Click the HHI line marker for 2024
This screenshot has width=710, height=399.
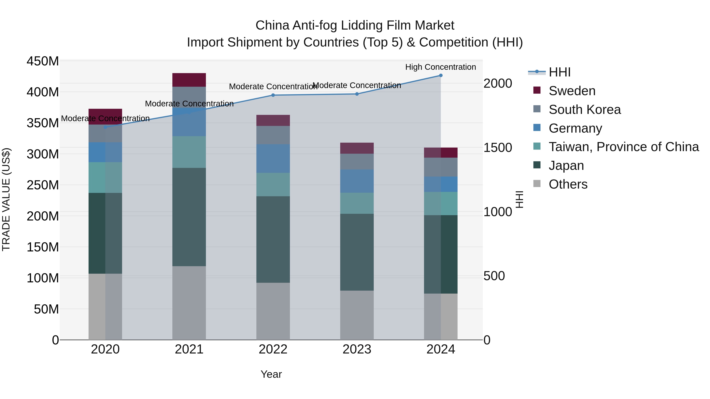[441, 75]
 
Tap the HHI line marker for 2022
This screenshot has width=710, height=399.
[273, 95]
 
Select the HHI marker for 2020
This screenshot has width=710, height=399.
[105, 127]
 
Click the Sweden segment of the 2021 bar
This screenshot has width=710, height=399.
[189, 80]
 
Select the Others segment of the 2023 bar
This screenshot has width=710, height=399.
[357, 315]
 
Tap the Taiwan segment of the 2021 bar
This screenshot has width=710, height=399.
[189, 152]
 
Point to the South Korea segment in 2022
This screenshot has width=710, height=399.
[273, 135]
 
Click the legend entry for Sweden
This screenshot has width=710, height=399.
[572, 91]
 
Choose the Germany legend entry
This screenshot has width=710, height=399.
[575, 128]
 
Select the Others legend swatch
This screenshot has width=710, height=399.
[537, 184]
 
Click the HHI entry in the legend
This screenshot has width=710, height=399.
[559, 72]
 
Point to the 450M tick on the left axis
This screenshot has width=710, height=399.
[43, 61]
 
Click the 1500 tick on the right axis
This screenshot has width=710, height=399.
[498, 148]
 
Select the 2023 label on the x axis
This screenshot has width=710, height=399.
[357, 349]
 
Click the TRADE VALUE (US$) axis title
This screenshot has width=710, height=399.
[6, 199]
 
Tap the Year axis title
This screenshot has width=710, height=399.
[271, 374]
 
